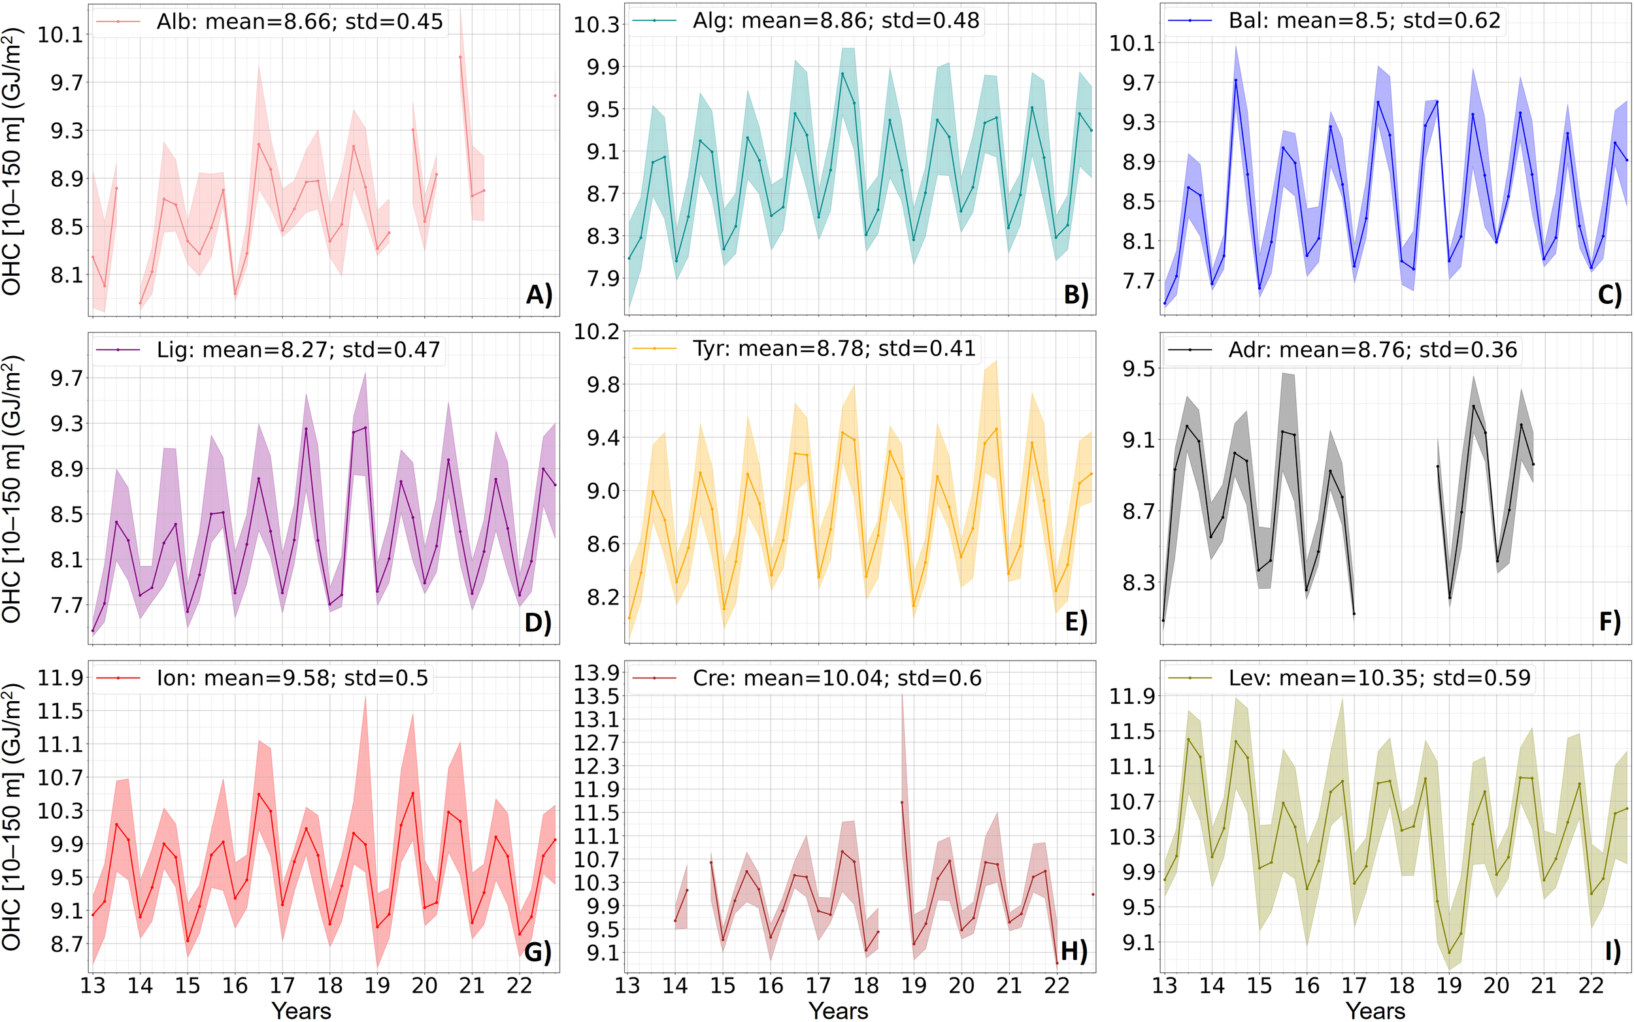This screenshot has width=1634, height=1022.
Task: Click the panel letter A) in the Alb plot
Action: pos(539,295)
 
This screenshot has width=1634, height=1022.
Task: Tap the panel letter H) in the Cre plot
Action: pos(1074,950)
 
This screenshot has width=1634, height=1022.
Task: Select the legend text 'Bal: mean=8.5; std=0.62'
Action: pos(1364,21)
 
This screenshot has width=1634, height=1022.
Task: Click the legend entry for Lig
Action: pos(298,350)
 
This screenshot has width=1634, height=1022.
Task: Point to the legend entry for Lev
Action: pos(1379,677)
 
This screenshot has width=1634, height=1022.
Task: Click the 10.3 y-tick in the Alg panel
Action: pos(597,25)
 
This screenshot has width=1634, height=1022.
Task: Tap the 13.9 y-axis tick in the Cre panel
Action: pos(597,672)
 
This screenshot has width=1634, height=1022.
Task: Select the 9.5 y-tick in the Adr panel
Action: pos(1139,369)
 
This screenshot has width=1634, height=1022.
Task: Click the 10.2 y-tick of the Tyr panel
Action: pos(597,332)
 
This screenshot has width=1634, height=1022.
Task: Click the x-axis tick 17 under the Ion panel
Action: pos(282,985)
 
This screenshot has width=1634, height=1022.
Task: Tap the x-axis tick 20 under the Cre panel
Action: pos(961,985)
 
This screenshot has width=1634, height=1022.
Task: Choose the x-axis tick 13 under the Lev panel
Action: pos(1164,985)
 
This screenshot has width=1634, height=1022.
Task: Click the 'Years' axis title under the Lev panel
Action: pos(1375,1010)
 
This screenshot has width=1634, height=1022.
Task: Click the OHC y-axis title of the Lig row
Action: pos(12,488)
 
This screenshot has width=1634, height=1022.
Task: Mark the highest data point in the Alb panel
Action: pos(460,57)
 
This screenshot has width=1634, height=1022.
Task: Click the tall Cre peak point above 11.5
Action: pos(902,802)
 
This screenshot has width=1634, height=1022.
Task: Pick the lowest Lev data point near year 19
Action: pos(1449,953)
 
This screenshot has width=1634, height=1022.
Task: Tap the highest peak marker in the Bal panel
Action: pos(1236,80)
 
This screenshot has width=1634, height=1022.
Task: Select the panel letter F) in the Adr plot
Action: pos(1610,621)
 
